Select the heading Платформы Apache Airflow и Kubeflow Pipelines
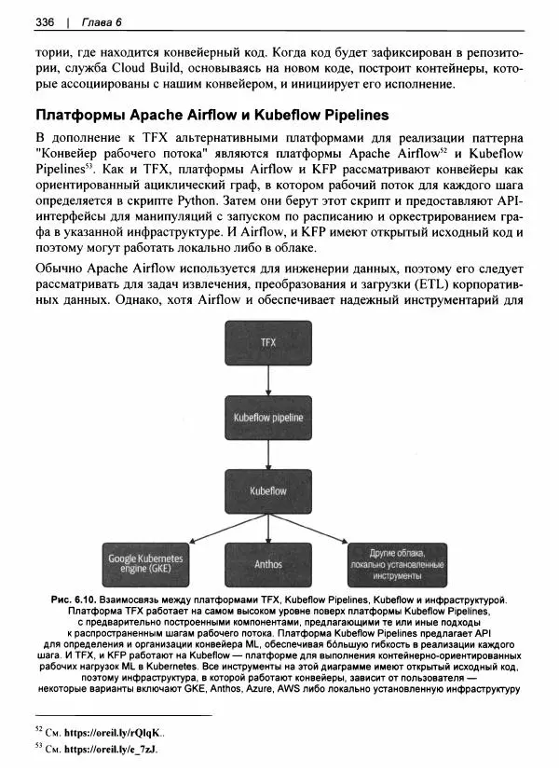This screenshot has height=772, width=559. [x=211, y=117]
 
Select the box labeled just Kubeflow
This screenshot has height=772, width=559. [x=268, y=490]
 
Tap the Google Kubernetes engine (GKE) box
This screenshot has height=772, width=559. [x=147, y=563]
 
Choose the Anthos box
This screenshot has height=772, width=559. [x=268, y=564]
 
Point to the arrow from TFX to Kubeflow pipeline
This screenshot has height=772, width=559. [x=268, y=379]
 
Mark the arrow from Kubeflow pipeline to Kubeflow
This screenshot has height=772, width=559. [x=268, y=454]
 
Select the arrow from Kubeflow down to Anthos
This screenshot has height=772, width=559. [x=268, y=529]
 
